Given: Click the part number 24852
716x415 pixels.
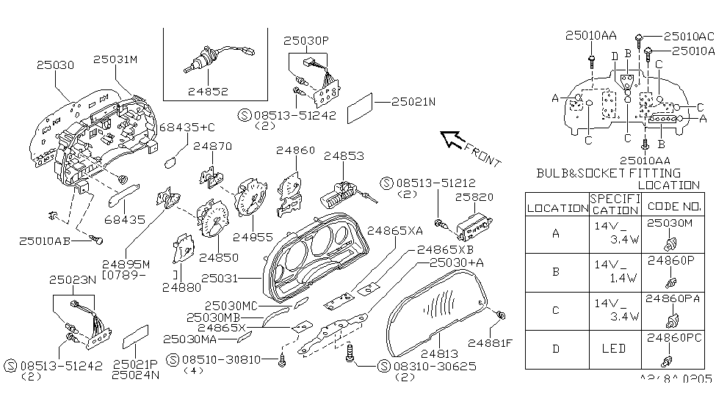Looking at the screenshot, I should (208, 92).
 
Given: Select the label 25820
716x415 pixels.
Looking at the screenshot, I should (474, 198).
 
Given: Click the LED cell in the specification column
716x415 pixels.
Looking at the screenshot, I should (614, 349).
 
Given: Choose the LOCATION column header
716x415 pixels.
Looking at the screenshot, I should (557, 208).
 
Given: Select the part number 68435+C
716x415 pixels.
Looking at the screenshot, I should (187, 128).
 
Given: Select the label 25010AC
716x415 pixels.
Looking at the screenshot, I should (688, 35).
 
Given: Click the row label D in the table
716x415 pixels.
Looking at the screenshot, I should (557, 349).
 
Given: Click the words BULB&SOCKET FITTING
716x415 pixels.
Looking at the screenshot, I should (608, 174).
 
